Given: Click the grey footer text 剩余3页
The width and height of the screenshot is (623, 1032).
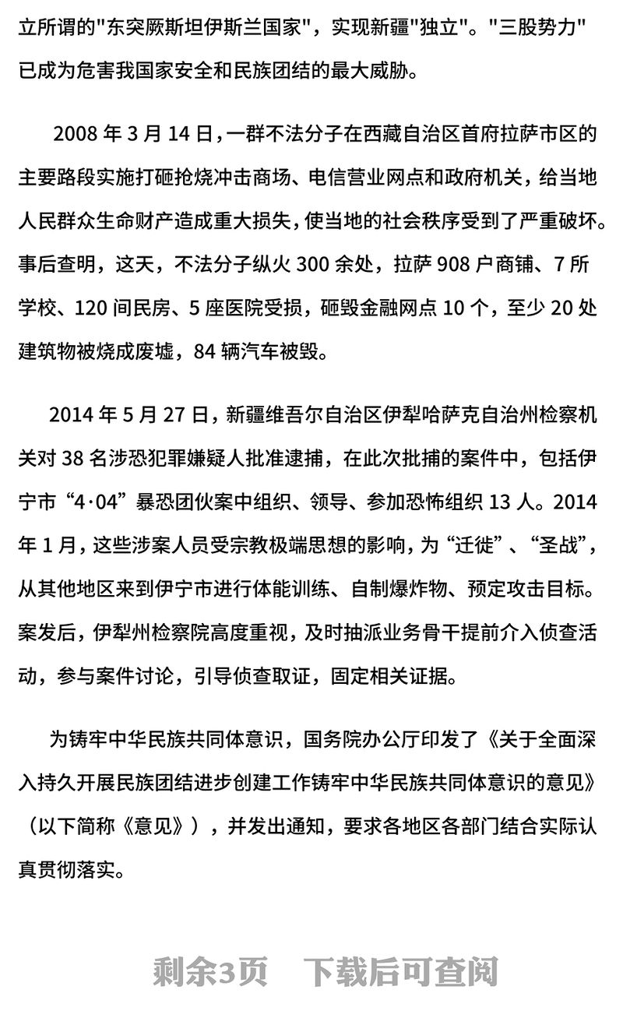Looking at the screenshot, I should click(210, 971).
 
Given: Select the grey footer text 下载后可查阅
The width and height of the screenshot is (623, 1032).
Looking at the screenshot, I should click(401, 971).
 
